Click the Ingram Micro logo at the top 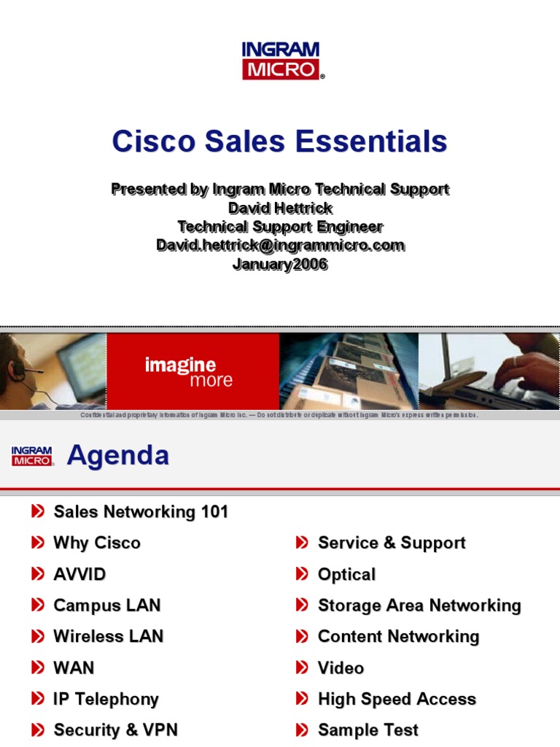281,61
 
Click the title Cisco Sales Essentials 279,141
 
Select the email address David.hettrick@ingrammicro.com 280,246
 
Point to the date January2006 280,265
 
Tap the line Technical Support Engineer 280,227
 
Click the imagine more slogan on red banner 188,371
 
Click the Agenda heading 118,456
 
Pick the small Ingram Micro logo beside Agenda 32,457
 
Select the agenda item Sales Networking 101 141,512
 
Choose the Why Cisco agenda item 97,543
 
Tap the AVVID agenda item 79,574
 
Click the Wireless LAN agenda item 108,636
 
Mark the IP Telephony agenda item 106,699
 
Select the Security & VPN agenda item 115,730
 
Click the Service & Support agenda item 392,543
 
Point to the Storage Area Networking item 419,605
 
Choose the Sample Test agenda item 368,730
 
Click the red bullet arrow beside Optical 302,575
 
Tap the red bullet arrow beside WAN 38,667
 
